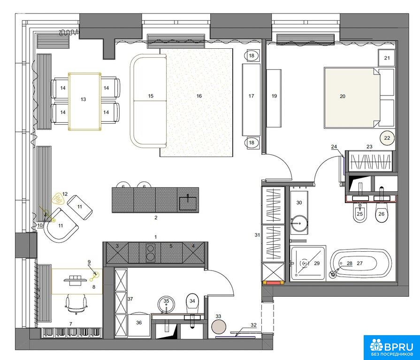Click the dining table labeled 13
click(84, 102)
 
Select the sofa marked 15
click(148, 101)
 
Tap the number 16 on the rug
click(199, 96)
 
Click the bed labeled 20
click(352, 98)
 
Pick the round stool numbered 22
click(387, 138)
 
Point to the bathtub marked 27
click(360, 264)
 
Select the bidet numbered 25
click(360, 212)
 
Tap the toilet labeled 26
click(382, 212)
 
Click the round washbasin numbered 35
click(166, 304)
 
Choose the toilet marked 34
click(192, 303)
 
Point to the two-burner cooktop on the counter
click(150, 253)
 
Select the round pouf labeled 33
click(219, 327)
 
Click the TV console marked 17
click(251, 99)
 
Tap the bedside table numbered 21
click(386, 58)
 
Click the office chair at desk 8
click(76, 304)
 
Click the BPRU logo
click(391, 348)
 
